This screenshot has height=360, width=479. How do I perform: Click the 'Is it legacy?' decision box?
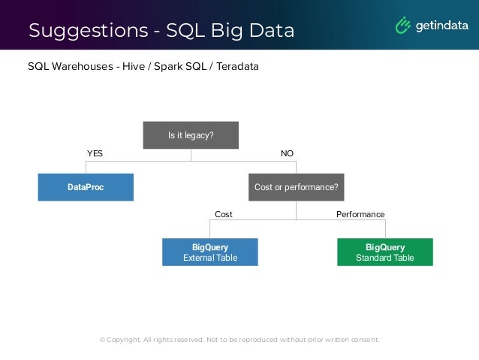point(191,135)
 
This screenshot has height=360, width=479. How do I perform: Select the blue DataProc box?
point(86,187)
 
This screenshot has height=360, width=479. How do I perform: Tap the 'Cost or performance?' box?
point(296,187)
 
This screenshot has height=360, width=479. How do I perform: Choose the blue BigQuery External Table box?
point(210,252)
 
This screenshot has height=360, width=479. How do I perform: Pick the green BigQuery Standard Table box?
point(384,252)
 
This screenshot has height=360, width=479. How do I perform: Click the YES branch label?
point(95,153)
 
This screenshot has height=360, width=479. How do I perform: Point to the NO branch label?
point(287,153)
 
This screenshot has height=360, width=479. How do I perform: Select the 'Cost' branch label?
point(224,214)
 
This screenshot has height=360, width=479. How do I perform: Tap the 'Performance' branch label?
point(360,214)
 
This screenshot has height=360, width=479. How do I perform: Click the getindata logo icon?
point(404,26)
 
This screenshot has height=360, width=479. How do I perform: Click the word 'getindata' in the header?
point(442,26)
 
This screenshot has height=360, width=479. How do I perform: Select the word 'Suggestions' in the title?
point(85,31)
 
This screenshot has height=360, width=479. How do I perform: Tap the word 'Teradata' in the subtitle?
point(237,67)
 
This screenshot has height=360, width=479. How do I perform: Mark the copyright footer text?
point(239,340)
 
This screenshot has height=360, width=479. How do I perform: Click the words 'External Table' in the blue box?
point(210,258)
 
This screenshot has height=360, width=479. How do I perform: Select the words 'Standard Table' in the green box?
point(384,258)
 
